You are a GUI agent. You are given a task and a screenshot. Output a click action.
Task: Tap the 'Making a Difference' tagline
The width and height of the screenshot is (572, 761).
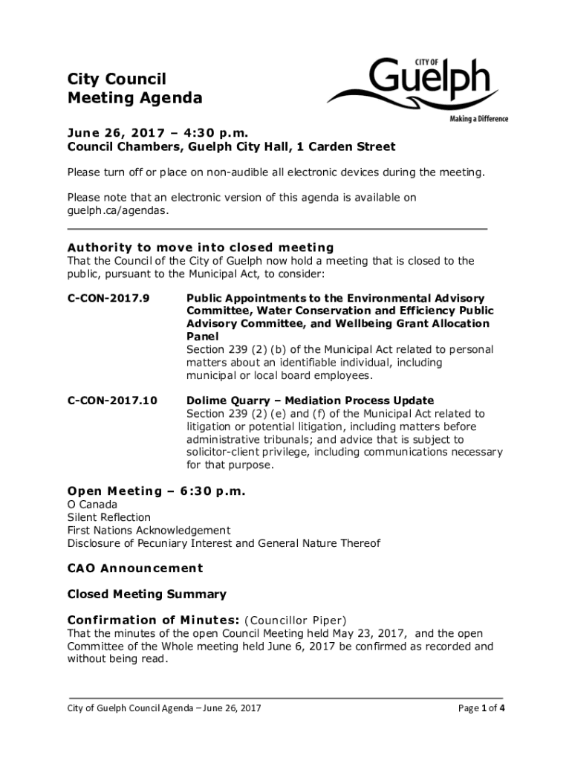478,119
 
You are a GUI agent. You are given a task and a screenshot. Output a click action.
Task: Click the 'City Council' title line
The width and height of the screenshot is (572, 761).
117,79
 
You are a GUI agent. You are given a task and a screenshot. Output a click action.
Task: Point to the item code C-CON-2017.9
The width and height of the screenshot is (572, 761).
108,298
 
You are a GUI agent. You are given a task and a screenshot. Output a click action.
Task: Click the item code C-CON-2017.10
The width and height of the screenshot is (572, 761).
112,401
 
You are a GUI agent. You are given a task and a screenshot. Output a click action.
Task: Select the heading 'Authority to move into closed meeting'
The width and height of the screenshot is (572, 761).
201,247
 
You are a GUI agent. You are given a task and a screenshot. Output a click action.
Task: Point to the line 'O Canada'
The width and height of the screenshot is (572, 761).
92,505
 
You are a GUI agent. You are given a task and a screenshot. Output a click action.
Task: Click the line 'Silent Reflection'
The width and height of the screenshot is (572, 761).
108,517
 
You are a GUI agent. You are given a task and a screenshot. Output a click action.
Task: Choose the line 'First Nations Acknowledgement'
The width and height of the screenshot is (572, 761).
149,530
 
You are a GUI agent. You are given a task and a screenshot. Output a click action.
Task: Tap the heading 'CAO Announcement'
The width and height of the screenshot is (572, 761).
134,569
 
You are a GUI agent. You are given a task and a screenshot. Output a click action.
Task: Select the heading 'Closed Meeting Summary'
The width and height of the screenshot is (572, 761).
146,595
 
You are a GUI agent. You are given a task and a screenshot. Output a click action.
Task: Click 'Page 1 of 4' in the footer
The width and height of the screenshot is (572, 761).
482,707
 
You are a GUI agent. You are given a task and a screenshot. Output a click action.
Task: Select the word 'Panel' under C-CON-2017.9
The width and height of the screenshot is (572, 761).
203,336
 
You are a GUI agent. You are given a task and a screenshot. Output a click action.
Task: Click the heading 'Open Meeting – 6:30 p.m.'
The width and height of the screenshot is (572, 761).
156,491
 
